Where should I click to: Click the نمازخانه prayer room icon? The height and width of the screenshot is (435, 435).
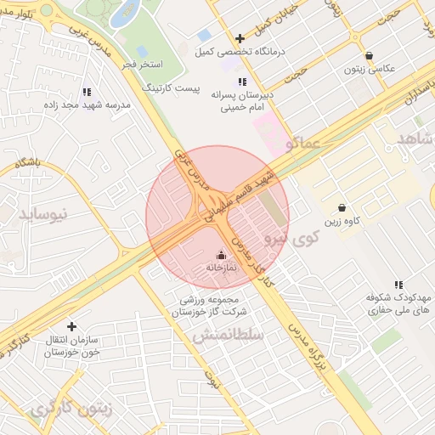coord(221,254)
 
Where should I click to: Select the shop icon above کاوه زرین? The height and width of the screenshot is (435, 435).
coord(342,207)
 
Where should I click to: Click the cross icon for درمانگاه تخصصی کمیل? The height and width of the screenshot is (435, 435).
coord(240,38)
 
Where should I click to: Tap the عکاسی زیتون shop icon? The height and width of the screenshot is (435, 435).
coord(369,55)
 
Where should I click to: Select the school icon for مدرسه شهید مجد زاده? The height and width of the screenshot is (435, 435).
coord(86,92)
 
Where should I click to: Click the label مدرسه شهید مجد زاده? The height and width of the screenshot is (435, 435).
coord(86,105)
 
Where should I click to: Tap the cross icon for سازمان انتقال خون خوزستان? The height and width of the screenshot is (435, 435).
coord(71,326)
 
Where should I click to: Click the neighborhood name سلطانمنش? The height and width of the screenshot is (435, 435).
coord(228,336)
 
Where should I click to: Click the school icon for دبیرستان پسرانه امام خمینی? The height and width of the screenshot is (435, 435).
coord(242,82)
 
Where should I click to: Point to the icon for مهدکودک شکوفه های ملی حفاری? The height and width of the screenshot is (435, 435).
coord(398,285)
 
